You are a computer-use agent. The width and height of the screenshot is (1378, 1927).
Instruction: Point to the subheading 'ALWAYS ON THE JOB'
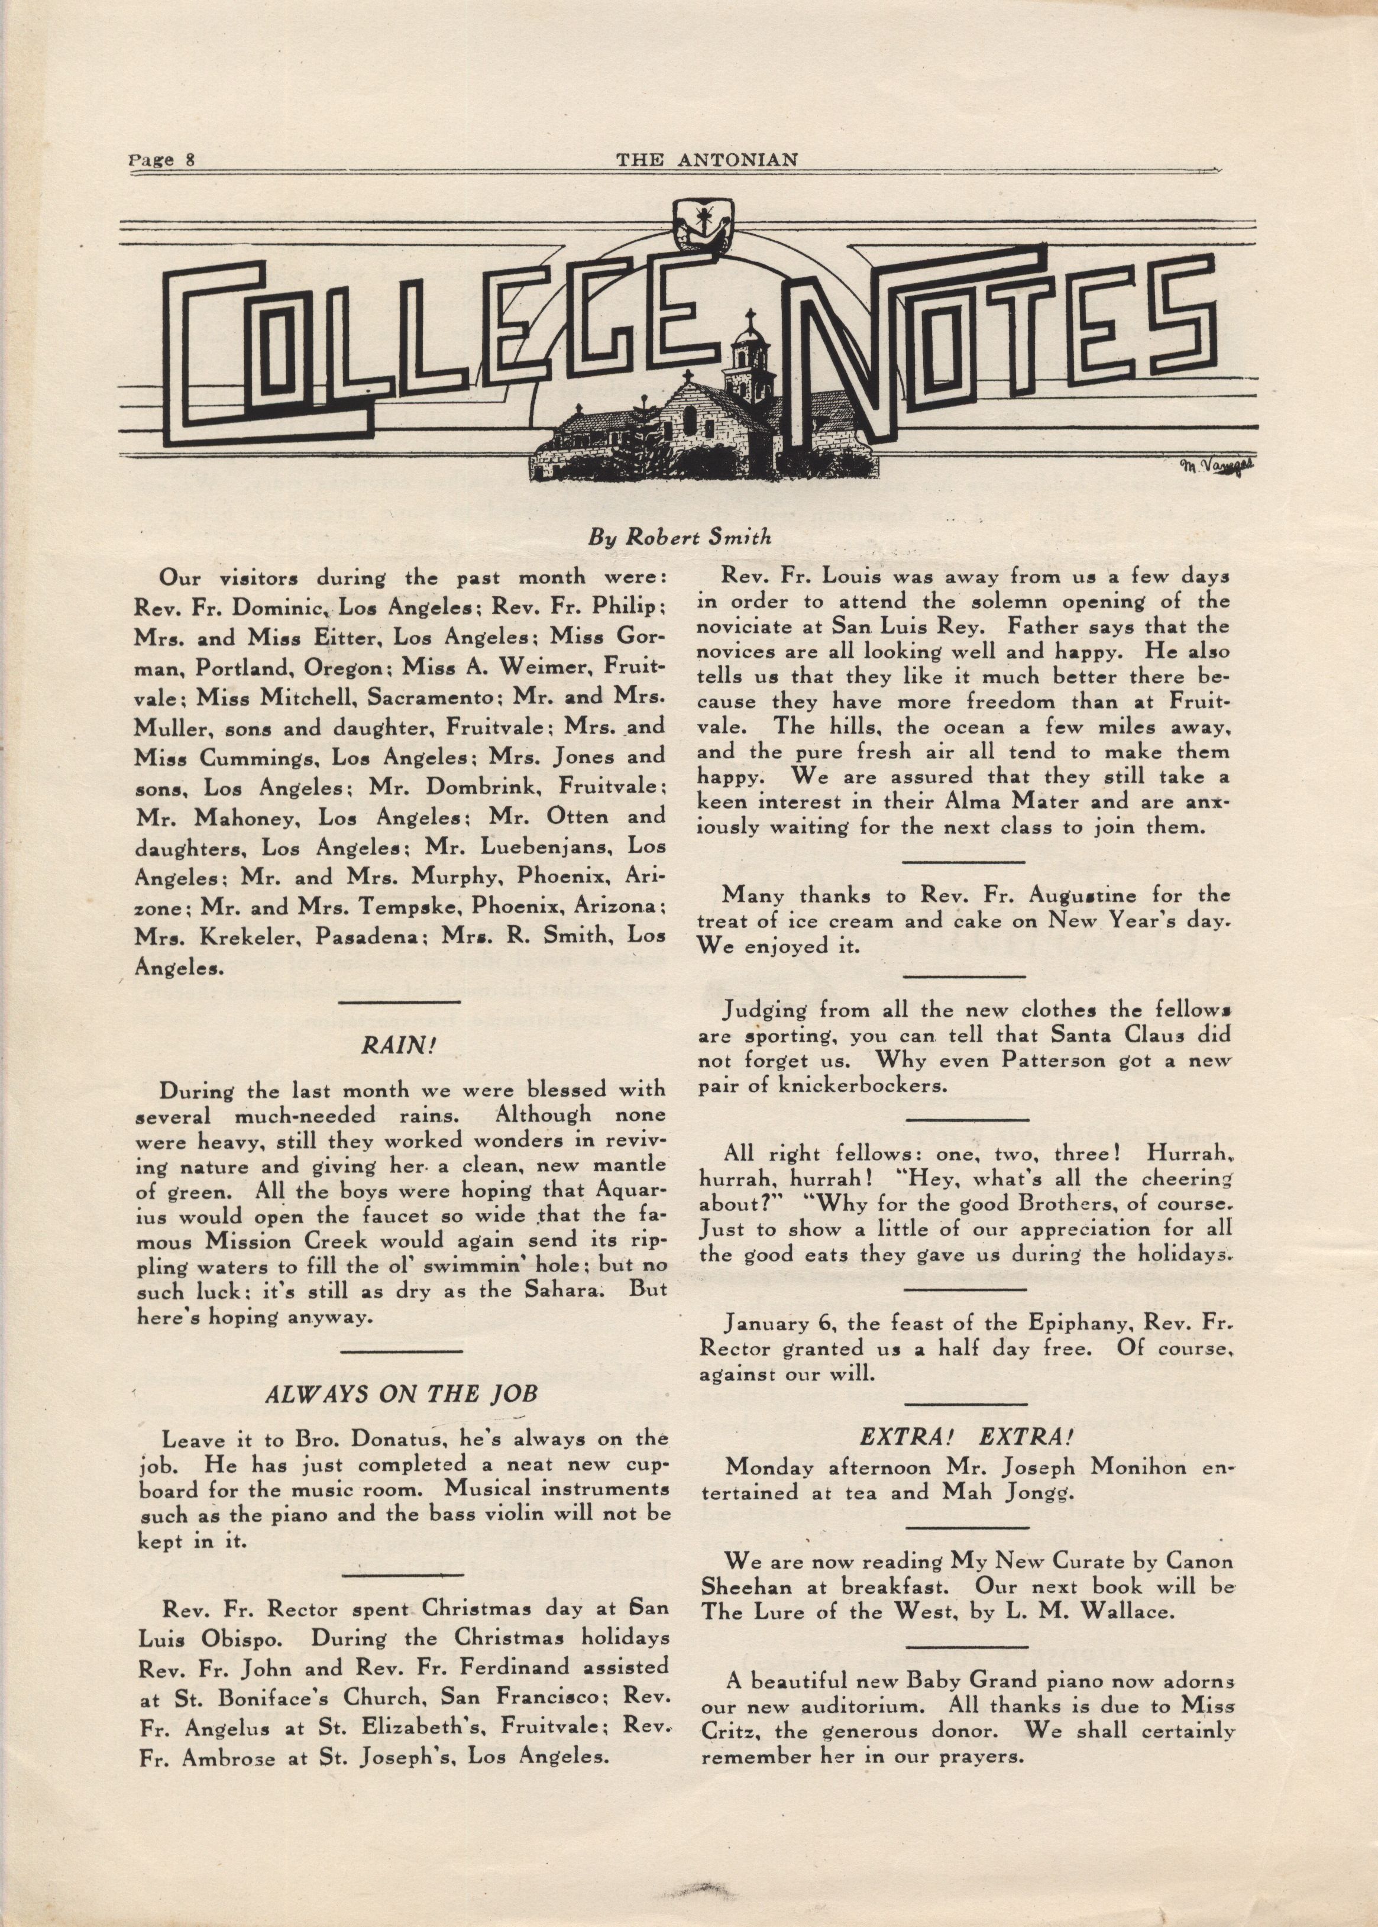point(402,1395)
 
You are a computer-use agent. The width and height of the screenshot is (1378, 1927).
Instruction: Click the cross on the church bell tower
point(749,321)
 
